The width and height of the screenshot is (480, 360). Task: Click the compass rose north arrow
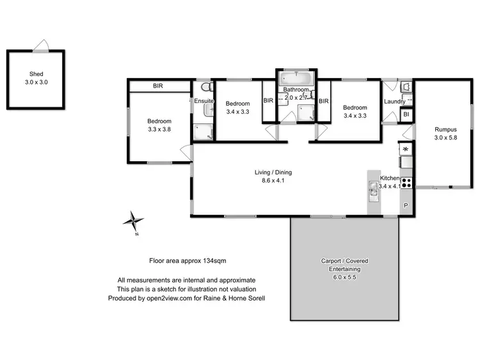[x=134, y=221]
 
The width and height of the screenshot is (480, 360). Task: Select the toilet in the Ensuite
[x=205, y=87]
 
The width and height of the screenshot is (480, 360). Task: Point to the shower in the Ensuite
[x=204, y=130]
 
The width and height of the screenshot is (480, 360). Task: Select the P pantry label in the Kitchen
[x=406, y=206]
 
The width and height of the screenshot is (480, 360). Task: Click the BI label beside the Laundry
[x=406, y=114]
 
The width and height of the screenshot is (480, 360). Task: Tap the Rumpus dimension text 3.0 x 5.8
[x=445, y=137]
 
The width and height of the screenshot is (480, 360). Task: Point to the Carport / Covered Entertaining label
[x=344, y=265]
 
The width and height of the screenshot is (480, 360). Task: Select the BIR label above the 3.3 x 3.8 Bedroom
[x=158, y=86]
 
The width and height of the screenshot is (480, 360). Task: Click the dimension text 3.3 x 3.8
[x=159, y=129]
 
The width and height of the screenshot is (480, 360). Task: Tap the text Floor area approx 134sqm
[x=186, y=261]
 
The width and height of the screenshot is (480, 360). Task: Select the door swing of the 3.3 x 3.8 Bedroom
[x=185, y=153]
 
